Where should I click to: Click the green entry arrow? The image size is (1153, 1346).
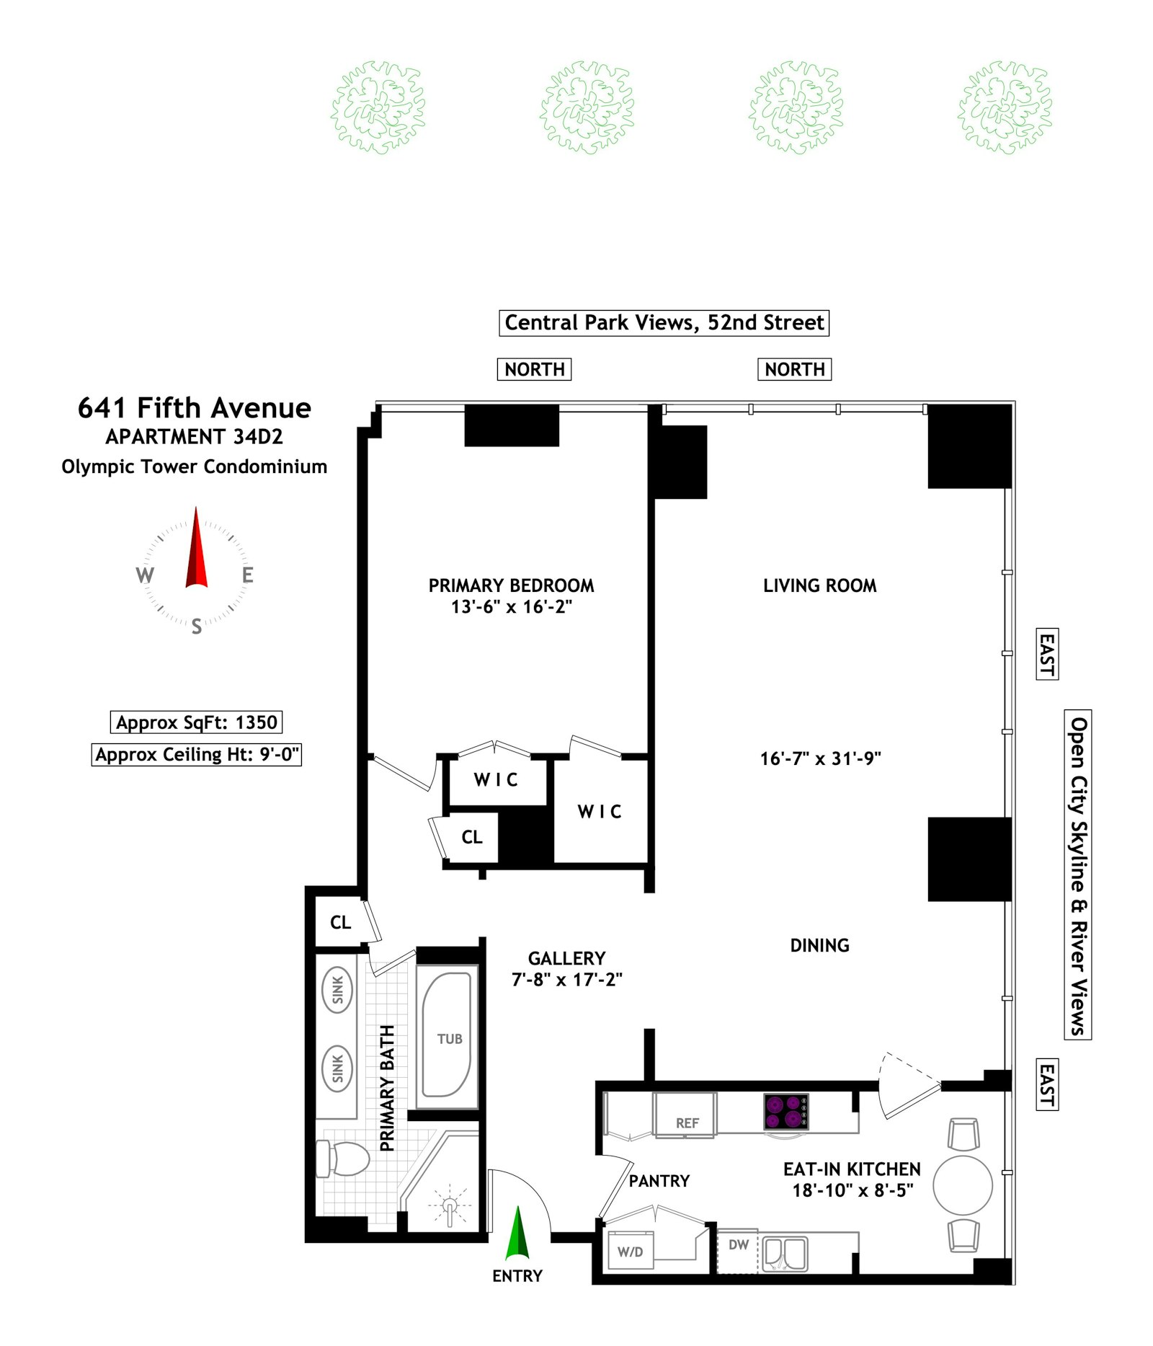click(x=517, y=1234)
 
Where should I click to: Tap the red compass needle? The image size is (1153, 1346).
click(x=196, y=552)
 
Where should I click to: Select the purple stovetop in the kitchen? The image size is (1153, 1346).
click(x=785, y=1111)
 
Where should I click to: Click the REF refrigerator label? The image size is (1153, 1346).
click(x=686, y=1123)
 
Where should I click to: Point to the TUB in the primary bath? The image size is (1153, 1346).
click(x=448, y=1039)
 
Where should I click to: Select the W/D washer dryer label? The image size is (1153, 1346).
click(x=630, y=1252)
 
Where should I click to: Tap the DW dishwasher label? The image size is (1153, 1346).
click(x=738, y=1244)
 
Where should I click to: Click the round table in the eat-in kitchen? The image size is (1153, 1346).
click(x=962, y=1185)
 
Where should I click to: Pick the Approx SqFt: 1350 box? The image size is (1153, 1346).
click(x=196, y=722)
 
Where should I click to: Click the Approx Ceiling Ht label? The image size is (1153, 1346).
click(x=196, y=755)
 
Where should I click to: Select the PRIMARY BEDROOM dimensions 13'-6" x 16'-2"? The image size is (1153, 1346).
click(x=511, y=607)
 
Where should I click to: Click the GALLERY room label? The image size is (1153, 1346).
click(x=566, y=958)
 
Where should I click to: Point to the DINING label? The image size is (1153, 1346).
click(x=819, y=945)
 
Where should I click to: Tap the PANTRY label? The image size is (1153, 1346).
click(x=659, y=1181)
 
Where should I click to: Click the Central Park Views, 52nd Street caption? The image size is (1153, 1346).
click(x=664, y=322)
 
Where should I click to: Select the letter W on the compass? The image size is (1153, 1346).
click(x=145, y=575)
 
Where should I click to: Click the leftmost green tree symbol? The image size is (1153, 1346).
click(x=378, y=107)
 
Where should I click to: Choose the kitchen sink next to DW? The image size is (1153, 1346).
click(x=785, y=1254)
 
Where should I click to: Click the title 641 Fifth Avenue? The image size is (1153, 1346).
click(x=195, y=408)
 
